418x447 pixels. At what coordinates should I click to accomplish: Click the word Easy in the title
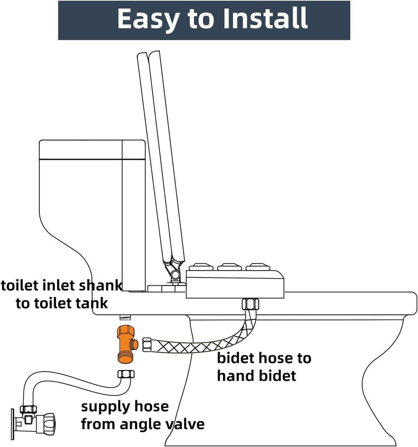[x=148, y=20]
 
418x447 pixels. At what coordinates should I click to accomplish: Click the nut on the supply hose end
[x=126, y=374]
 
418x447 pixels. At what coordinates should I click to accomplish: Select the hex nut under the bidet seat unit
[x=250, y=304]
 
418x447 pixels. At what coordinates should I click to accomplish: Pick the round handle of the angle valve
[x=47, y=422]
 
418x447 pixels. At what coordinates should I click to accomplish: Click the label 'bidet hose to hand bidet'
[x=264, y=367]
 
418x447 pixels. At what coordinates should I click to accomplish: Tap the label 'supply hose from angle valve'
[x=142, y=415]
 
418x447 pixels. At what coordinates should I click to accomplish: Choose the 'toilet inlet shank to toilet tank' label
[x=61, y=295]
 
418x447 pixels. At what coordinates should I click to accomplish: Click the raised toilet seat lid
[x=161, y=157]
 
